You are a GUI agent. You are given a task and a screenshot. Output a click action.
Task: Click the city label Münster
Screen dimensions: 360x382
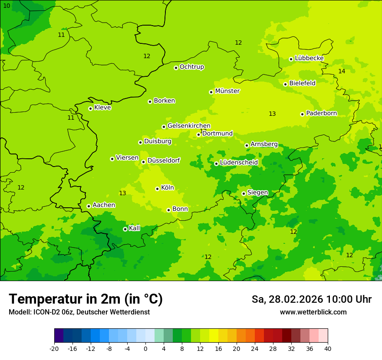227,91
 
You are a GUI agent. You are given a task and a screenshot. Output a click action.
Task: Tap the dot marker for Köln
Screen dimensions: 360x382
157,189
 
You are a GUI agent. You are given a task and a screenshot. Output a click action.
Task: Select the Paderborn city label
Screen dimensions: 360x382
321,113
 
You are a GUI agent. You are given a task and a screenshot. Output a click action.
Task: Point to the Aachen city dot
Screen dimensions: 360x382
89,206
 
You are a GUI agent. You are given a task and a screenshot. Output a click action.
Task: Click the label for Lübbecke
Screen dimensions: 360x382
309,58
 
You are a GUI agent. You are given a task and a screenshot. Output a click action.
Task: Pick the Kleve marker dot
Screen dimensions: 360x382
90,108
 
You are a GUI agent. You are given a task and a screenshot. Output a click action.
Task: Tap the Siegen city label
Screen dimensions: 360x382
257,193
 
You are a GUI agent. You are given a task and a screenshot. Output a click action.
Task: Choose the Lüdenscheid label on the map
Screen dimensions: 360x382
239,163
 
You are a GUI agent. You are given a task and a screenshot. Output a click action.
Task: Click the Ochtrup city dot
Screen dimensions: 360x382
176,67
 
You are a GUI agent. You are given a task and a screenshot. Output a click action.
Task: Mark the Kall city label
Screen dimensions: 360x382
135,228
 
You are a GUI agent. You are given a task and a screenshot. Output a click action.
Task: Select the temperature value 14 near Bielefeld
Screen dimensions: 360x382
342,71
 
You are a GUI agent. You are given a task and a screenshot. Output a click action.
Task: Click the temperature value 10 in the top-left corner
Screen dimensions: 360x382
7,6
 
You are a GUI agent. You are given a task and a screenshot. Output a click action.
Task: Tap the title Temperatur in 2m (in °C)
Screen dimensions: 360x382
86,299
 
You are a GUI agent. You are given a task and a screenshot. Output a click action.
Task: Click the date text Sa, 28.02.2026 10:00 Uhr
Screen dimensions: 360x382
311,299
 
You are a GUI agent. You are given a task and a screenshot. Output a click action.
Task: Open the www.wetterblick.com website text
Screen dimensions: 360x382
313,312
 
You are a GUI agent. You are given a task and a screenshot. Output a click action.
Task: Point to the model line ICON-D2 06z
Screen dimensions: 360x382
79,312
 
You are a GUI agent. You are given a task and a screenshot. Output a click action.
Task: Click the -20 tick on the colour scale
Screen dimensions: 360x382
54,348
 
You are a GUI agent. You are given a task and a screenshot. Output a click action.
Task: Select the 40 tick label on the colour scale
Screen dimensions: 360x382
327,348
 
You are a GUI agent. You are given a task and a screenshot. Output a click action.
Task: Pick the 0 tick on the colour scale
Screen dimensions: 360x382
145,348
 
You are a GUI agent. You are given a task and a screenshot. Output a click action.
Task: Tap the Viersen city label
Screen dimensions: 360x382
127,158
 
